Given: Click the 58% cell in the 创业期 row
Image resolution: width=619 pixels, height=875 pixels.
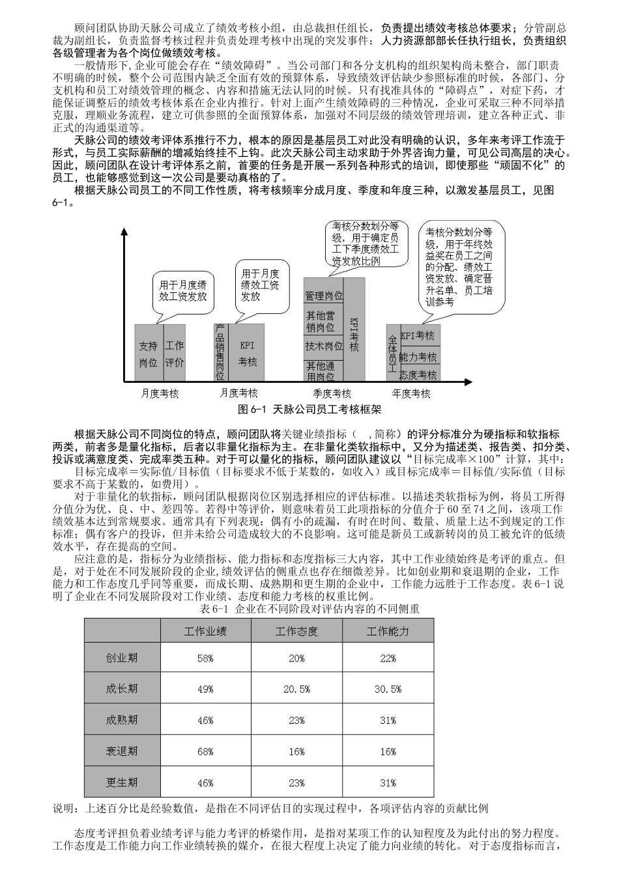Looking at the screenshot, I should click(x=205, y=658).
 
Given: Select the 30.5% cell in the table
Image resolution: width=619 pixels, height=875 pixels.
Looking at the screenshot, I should click(x=388, y=689).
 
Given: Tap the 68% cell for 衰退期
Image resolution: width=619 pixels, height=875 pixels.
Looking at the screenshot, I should click(x=205, y=751).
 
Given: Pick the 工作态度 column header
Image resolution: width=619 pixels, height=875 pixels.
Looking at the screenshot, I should click(x=296, y=631).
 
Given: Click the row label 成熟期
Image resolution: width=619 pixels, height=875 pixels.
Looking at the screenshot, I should click(x=122, y=720).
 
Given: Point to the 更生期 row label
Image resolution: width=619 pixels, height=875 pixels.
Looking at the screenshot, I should click(x=122, y=782).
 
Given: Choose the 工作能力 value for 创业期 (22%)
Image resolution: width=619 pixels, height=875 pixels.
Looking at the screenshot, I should click(x=388, y=658).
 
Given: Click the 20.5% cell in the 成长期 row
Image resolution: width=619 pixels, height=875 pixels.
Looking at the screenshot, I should click(x=296, y=689).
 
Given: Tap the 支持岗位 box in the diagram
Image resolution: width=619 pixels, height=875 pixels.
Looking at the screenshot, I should click(x=148, y=354).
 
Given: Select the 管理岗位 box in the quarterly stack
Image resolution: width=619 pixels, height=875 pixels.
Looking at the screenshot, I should click(x=324, y=296).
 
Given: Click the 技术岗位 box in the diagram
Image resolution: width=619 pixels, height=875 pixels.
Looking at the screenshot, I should click(x=324, y=346).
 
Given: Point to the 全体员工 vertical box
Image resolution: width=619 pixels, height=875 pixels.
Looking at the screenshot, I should click(x=393, y=352).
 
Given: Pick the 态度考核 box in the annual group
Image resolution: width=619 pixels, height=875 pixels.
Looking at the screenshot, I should click(x=418, y=375).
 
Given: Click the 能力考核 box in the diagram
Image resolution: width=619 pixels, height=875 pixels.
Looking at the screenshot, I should click(x=418, y=357).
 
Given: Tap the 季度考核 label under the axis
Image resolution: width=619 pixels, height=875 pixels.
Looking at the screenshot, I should click(x=332, y=393).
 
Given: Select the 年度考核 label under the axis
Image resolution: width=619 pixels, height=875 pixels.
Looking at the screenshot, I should click(x=411, y=393).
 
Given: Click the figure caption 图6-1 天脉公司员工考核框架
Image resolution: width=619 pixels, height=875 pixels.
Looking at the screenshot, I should click(x=310, y=410).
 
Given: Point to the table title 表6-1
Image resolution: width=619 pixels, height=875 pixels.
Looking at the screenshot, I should click(x=309, y=609).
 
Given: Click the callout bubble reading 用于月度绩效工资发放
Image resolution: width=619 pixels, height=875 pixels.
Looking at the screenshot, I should click(x=183, y=290).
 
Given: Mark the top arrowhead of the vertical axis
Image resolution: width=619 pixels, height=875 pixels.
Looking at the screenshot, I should click(x=123, y=232).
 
